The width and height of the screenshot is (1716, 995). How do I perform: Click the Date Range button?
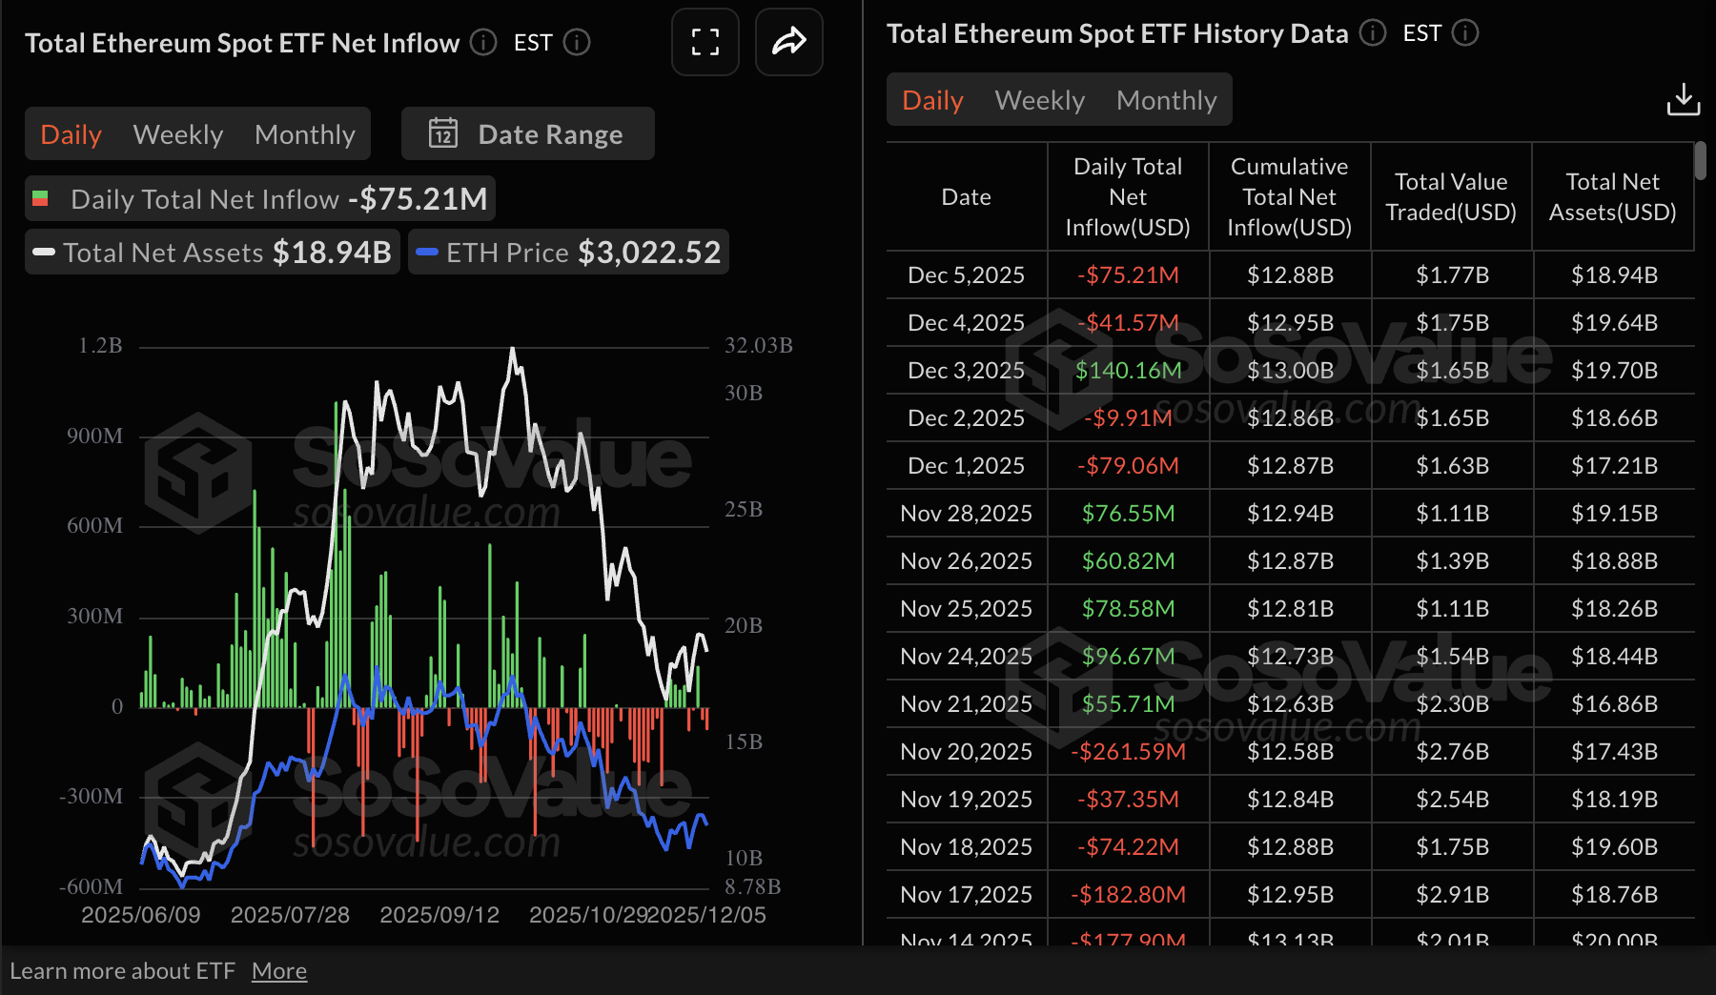click(x=528, y=134)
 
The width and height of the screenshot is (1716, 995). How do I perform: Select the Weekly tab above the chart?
click(x=178, y=134)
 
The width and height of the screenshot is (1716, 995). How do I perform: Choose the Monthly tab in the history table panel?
click(x=1166, y=100)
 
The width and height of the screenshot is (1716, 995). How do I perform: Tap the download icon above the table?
click(x=1683, y=99)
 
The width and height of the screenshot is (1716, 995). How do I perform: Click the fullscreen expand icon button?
click(x=705, y=42)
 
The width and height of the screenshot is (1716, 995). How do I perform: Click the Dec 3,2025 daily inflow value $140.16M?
click(x=1128, y=370)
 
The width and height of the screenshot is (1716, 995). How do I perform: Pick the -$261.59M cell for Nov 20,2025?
click(x=1128, y=751)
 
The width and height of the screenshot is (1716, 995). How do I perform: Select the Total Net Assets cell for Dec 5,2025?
click(x=1613, y=274)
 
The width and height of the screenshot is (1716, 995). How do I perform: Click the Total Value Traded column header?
click(x=1450, y=196)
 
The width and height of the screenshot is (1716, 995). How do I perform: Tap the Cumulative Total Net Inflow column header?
click(x=1289, y=196)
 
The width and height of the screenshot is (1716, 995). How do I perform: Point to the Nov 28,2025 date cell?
click(x=966, y=513)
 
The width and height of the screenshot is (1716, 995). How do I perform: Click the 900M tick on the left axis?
click(x=94, y=436)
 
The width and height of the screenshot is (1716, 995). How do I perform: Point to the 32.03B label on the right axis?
click(x=758, y=345)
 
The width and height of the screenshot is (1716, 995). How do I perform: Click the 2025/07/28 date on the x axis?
click(x=290, y=915)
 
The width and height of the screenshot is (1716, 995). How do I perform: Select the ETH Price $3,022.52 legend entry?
click(x=569, y=252)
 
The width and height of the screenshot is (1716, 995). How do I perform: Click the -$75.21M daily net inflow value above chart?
click(x=418, y=198)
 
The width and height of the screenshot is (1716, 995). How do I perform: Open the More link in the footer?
click(x=279, y=971)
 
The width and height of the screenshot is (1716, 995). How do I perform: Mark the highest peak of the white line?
click(x=513, y=349)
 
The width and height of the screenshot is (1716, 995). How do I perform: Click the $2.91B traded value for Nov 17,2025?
click(x=1451, y=894)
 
